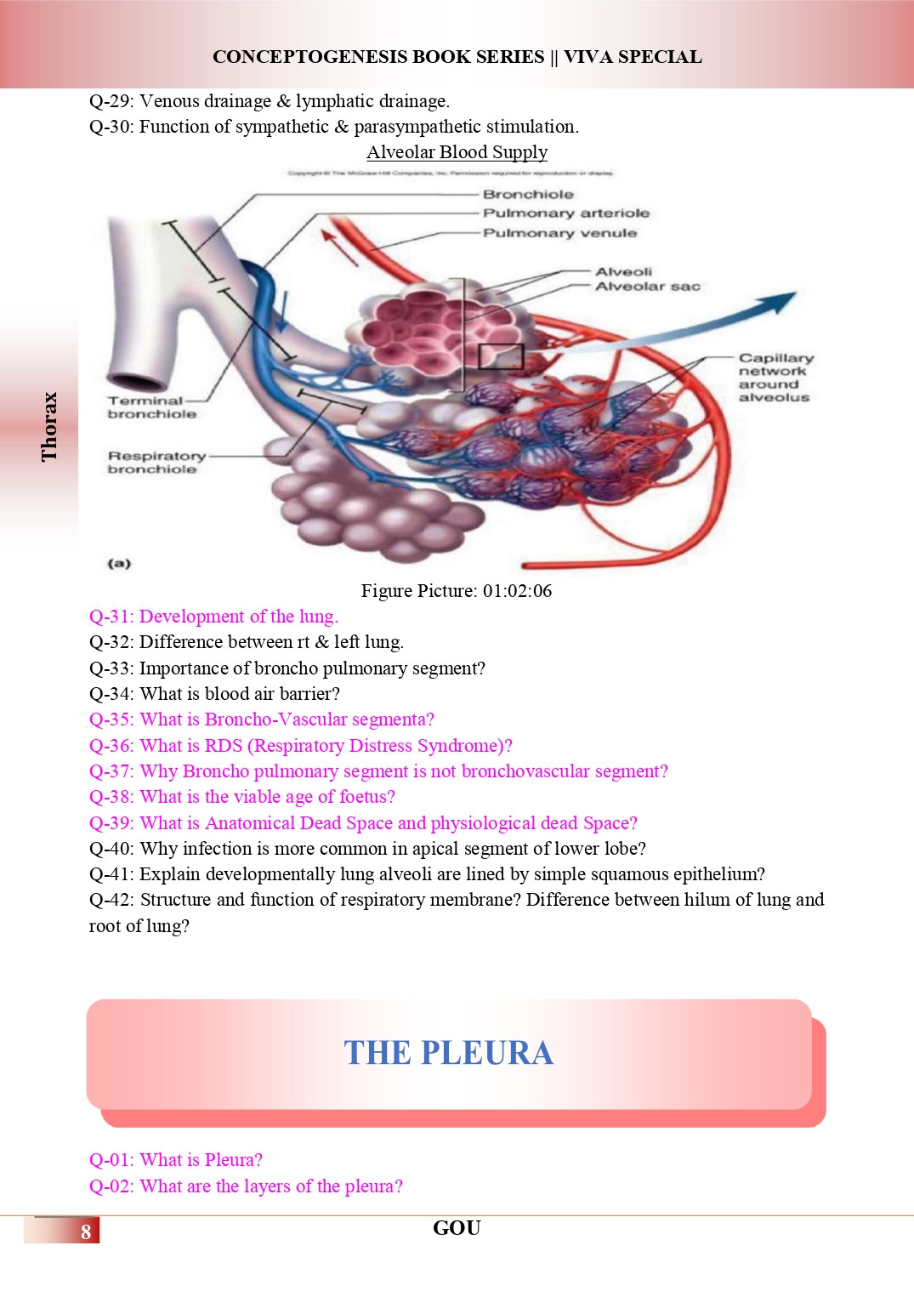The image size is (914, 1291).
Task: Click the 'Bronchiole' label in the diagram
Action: point(528,195)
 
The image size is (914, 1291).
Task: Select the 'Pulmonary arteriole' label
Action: point(565,213)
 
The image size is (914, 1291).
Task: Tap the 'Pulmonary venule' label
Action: point(559,233)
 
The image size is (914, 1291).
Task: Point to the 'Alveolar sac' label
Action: point(648,287)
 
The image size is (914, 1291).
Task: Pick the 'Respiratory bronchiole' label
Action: point(156,463)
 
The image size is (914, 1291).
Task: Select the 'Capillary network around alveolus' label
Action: point(774,378)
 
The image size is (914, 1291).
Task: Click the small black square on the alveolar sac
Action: point(500,355)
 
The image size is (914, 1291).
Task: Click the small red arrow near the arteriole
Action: point(339,247)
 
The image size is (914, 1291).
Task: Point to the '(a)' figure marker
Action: point(119,563)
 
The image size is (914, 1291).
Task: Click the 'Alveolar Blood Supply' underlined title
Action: point(457,152)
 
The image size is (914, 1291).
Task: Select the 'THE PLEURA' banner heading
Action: point(448,1053)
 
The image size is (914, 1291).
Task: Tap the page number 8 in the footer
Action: point(86,1231)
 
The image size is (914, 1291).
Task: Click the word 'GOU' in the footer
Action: point(457,1228)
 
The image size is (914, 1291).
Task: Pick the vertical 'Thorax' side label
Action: point(49,426)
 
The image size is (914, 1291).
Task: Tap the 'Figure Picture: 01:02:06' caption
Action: point(457,591)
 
